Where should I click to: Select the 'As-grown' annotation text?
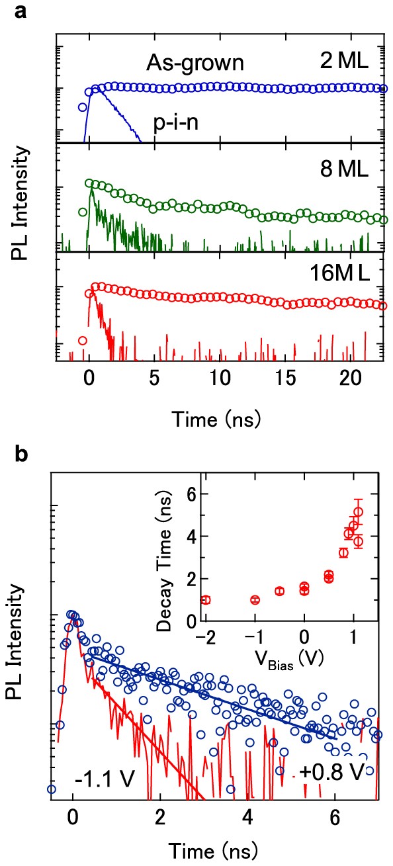(196, 64)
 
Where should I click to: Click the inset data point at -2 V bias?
(206, 600)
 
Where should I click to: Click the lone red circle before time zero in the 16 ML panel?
(83, 341)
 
